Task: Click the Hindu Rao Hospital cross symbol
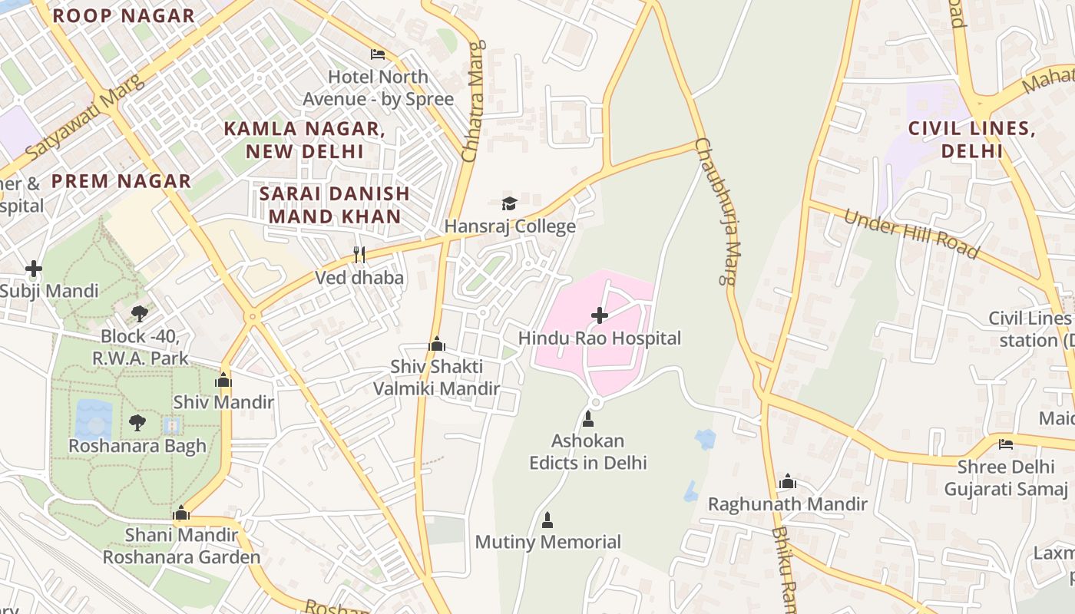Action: (x=600, y=315)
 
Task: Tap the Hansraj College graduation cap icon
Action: (x=509, y=203)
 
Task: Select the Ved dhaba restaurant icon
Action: (x=359, y=254)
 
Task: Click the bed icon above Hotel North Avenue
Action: (x=378, y=54)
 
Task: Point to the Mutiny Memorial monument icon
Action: (x=547, y=520)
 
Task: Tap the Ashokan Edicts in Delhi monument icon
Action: (x=588, y=418)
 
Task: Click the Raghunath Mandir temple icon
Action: (x=787, y=481)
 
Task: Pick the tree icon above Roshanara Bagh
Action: (x=137, y=422)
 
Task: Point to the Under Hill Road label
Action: (x=911, y=233)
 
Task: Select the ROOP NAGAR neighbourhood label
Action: (x=124, y=15)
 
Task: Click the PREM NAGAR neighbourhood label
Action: (x=121, y=181)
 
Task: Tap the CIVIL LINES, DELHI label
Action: (x=972, y=139)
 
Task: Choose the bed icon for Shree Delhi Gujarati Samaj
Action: (x=1005, y=444)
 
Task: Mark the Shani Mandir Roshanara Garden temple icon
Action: (x=181, y=512)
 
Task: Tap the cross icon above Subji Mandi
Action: (x=33, y=269)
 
